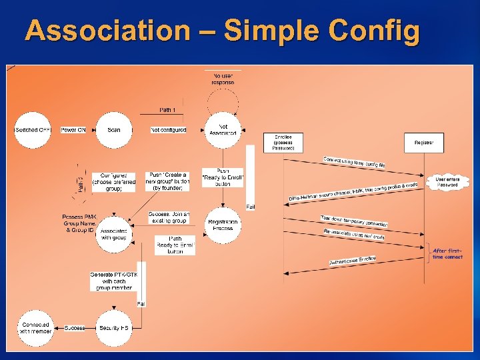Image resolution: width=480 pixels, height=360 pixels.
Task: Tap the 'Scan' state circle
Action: (x=113, y=130)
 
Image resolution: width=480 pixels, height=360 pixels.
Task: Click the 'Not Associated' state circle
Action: (x=223, y=129)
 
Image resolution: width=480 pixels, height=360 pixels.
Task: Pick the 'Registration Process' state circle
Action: (x=223, y=225)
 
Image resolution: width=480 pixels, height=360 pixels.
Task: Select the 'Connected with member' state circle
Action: (x=35, y=328)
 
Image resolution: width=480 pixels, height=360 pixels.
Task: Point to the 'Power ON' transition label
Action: (x=73, y=130)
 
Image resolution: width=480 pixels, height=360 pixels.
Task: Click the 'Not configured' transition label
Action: (x=169, y=130)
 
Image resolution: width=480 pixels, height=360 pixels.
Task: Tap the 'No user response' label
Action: (x=223, y=79)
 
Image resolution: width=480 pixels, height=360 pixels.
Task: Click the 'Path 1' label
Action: (x=168, y=109)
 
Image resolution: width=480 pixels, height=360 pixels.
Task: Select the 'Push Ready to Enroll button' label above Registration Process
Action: (x=223, y=177)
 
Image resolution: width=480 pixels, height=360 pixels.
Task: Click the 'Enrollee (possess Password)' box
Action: (x=283, y=143)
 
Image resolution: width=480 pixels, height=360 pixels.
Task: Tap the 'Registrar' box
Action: (x=424, y=143)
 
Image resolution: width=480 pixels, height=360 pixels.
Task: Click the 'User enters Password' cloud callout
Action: (x=447, y=181)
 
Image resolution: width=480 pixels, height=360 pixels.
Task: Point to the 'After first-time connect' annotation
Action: (x=448, y=254)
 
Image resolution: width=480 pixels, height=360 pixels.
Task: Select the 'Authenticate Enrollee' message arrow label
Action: (x=353, y=262)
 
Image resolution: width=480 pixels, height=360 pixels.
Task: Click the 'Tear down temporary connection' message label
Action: (x=353, y=219)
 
